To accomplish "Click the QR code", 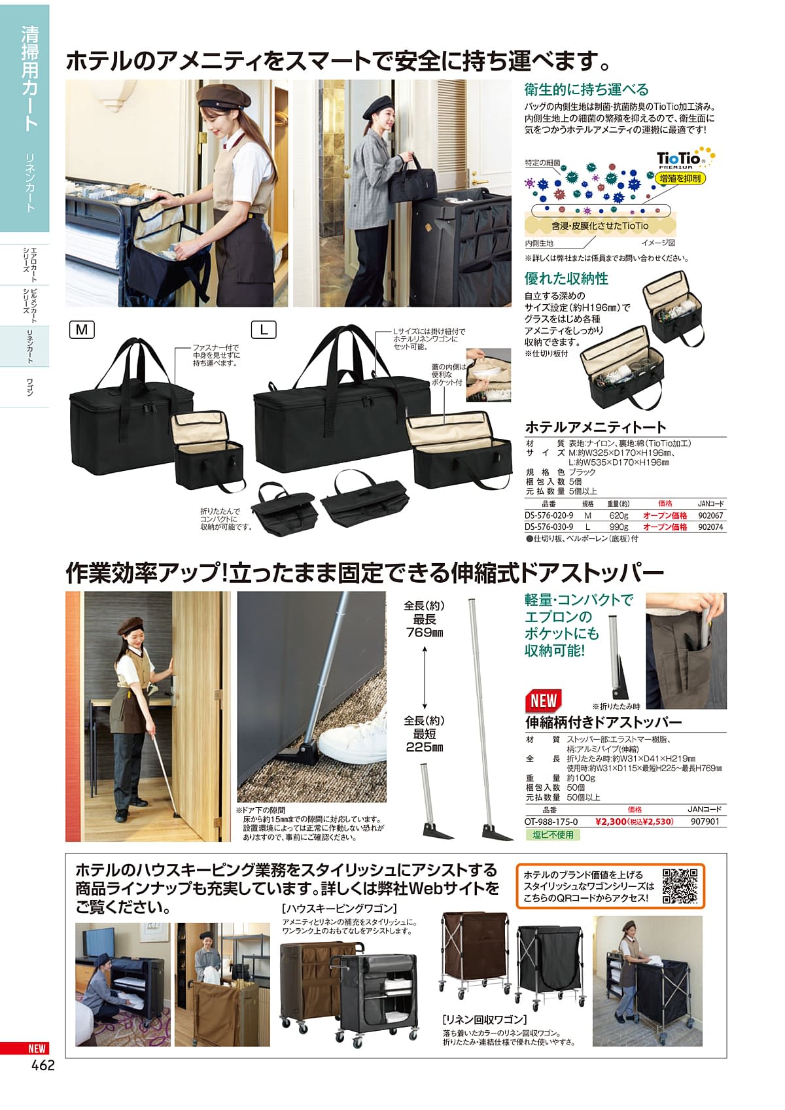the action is tap(680, 886).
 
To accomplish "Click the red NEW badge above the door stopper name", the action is tap(544, 700).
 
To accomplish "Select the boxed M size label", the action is tap(82, 330).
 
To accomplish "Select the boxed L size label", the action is tap(264, 330).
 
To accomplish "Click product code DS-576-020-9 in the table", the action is tap(549, 515).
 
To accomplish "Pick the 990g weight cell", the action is tap(618, 527).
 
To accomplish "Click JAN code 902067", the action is tap(710, 515).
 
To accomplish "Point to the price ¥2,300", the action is tap(611, 821).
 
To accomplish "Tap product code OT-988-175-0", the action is tap(551, 821).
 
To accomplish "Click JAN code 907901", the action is tap(705, 821).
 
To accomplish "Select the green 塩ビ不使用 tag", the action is tap(553, 835).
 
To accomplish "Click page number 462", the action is tap(43, 1065).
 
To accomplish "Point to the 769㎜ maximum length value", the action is tap(424, 633).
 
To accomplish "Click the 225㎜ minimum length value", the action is tap(424, 747).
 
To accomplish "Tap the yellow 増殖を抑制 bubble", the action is tap(680, 179).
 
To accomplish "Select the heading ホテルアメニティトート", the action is tap(595, 427).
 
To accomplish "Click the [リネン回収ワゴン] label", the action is tap(484, 1019).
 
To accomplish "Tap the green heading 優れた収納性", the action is tap(566, 279).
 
